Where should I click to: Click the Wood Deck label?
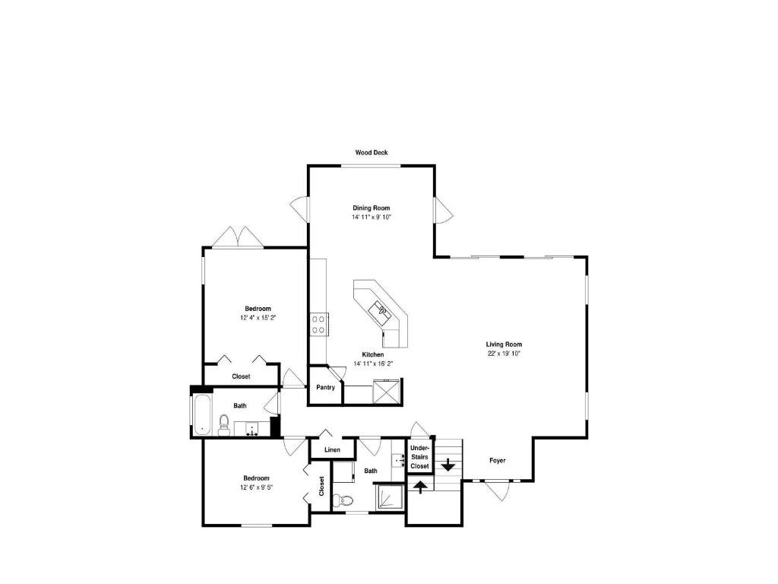pyautogui.click(x=371, y=152)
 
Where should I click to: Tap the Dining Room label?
pyautogui.click(x=371, y=208)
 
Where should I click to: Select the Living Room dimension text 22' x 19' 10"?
pyautogui.click(x=504, y=354)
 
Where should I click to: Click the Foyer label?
pyautogui.click(x=498, y=460)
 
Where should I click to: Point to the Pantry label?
pyautogui.click(x=325, y=387)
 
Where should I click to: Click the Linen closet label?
pyautogui.click(x=333, y=450)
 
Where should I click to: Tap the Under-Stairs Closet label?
pyautogui.click(x=419, y=457)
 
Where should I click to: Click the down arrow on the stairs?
pyautogui.click(x=448, y=465)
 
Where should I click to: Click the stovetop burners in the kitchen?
pyautogui.click(x=318, y=324)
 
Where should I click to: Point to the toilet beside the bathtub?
pyautogui.click(x=224, y=426)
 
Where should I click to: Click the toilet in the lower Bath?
pyautogui.click(x=343, y=500)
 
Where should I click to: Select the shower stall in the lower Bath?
pyautogui.click(x=391, y=497)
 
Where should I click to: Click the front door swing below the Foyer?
pyautogui.click(x=498, y=490)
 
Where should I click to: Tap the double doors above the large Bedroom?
pyautogui.click(x=238, y=237)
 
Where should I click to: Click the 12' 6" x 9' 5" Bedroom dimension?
pyautogui.click(x=257, y=487)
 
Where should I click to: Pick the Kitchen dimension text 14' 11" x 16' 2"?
pyautogui.click(x=373, y=363)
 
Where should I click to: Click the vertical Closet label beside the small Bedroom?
pyautogui.click(x=321, y=486)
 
